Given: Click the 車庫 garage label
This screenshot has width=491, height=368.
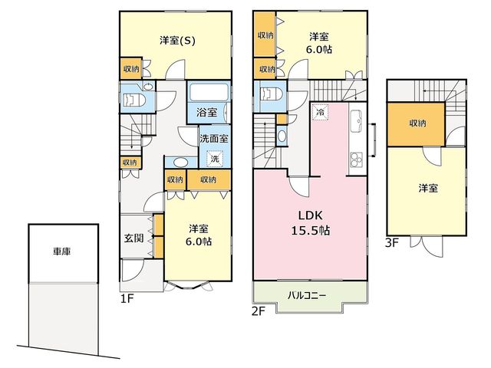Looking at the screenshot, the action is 61,251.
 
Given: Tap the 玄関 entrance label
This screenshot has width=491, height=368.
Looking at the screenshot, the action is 133,238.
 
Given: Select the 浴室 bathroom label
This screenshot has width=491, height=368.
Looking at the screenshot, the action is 206,112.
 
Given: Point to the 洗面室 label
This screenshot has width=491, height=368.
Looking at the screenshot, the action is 214,138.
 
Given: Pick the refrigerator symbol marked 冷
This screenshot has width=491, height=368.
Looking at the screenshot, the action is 320,112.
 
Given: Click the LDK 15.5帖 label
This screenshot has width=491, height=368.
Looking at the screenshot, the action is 310,223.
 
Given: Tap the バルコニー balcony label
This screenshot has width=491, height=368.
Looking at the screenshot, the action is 307,295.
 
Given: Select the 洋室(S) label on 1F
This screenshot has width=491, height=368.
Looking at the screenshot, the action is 177,41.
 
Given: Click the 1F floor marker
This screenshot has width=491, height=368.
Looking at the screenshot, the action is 127,298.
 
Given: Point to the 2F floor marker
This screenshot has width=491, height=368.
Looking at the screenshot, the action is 259,311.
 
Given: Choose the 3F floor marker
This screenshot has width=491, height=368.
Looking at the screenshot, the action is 391,243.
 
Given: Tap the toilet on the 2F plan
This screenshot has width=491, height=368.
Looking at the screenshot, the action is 272,94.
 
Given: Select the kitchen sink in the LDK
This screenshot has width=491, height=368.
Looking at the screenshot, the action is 355,121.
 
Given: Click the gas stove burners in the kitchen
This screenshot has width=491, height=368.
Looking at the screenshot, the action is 356,159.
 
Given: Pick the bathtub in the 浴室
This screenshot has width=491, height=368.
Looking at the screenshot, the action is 208,92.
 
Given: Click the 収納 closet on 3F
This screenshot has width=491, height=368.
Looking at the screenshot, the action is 416,124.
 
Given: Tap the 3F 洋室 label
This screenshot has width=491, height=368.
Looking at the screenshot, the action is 428,188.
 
